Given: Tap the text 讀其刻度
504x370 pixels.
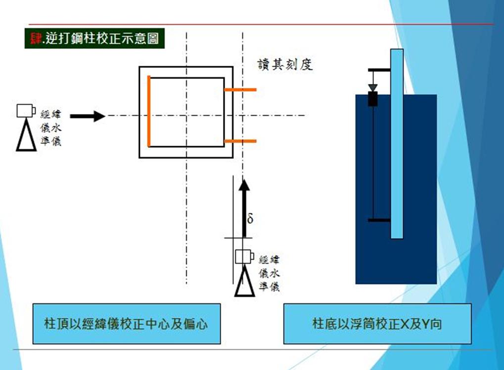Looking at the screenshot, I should (285, 65).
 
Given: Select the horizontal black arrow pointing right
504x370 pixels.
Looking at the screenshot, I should (88, 116).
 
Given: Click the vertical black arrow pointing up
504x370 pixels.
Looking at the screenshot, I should (243, 207).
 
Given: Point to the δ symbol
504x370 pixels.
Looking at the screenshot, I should (250, 218).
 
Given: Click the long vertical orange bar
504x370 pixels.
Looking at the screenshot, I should (148, 111).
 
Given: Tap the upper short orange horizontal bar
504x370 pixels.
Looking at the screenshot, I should (240, 90).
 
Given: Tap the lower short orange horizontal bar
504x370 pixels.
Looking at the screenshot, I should (240, 141).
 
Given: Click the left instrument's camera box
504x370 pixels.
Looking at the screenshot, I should (25, 110).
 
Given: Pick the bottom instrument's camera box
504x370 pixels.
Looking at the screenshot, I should (244, 257).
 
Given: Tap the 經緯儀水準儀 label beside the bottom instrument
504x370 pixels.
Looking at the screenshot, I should (269, 273).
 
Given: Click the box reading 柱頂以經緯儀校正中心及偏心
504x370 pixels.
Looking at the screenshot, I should (126, 324).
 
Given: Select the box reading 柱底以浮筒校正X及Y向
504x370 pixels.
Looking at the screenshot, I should (377, 324).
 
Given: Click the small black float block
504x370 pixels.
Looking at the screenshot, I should (373, 99).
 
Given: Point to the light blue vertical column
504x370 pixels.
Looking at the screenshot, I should (396, 143).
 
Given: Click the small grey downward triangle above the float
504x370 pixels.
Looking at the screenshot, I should (373, 87).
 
